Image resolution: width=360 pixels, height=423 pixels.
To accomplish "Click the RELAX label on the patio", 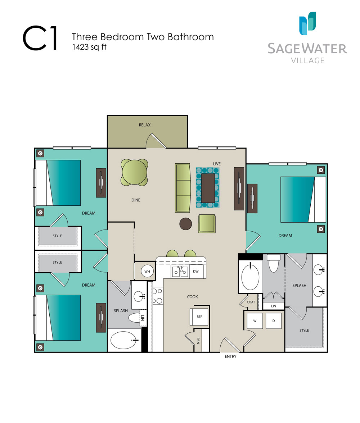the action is [144, 125].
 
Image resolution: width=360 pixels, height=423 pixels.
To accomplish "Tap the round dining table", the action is [134, 172].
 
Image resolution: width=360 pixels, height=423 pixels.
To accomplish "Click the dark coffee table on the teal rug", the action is [208, 188].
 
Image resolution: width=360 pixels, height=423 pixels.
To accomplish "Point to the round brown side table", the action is [186, 224].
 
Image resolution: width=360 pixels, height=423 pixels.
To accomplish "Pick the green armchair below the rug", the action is [207, 224].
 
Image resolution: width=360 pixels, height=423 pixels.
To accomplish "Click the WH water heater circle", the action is [147, 271].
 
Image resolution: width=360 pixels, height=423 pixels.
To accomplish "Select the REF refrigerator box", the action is [199, 317].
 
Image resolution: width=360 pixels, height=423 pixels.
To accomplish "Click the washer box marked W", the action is [255, 321].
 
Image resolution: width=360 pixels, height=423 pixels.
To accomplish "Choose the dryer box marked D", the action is [274, 321].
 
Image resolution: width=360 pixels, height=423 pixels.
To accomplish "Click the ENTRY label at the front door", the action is [230, 356].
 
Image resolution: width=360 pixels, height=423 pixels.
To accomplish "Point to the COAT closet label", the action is [251, 302].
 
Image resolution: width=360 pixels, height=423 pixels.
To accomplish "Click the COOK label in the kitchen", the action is [193, 297].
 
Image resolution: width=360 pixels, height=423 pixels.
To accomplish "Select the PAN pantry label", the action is [198, 341].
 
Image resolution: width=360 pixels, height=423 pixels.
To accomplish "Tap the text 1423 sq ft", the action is [89, 47].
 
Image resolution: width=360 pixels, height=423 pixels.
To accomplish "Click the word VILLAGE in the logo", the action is [308, 60].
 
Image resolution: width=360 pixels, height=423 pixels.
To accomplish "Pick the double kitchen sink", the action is [180, 271].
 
